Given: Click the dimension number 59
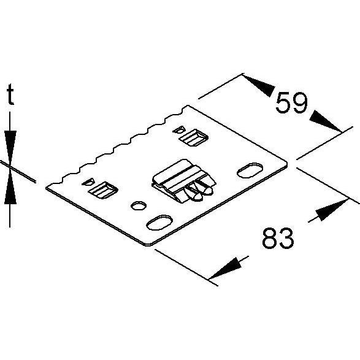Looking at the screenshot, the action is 291,103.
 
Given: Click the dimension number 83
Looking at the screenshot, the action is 278,238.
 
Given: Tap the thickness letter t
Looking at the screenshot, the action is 10,94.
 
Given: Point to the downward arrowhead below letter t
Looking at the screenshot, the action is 10,148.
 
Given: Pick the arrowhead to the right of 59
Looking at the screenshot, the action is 326,121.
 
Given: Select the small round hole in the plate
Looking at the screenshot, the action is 139,205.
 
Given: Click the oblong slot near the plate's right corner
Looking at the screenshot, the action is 250,170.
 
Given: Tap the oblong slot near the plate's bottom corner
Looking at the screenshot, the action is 159,223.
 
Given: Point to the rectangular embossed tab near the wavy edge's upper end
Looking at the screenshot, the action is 194,138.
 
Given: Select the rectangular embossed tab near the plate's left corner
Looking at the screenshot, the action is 103,190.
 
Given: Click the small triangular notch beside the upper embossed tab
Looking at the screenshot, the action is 178,130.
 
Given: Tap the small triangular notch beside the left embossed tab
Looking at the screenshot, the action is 88,182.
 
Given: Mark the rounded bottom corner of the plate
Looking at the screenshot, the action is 148,244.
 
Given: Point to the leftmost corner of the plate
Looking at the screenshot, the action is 47,188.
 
